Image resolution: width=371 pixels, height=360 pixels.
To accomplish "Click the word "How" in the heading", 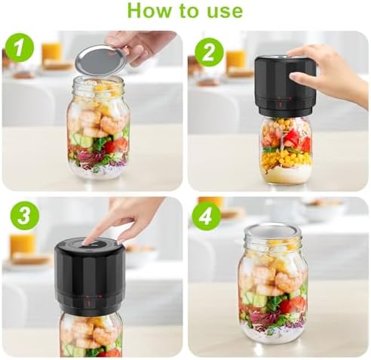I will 148,11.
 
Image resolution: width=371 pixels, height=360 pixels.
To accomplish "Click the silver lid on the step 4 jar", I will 273,230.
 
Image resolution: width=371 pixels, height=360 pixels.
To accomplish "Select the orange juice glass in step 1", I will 51,52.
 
